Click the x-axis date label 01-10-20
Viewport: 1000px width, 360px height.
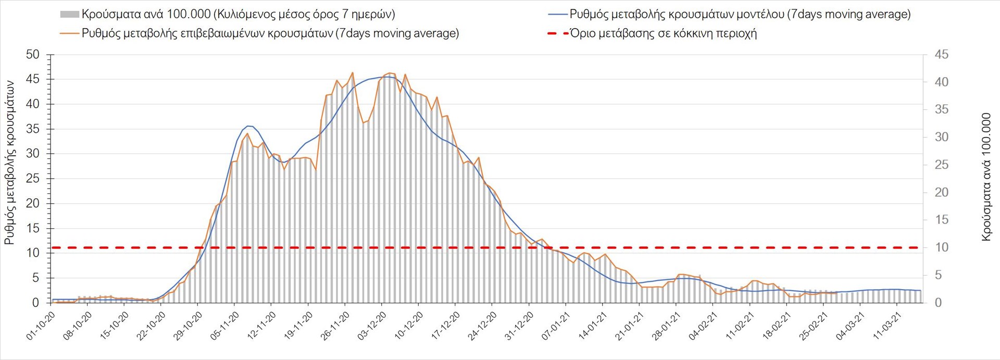pyautogui.click(x=41, y=326)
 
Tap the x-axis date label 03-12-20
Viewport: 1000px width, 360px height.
pyautogui.click(x=372, y=326)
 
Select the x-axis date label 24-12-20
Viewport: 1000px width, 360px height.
pyautogui.click(x=482, y=326)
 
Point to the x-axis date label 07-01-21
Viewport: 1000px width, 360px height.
pyautogui.click(x=556, y=326)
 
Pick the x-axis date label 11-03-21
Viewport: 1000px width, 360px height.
pyautogui.click(x=887, y=326)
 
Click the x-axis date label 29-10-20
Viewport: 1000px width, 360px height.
pyautogui.click(x=188, y=326)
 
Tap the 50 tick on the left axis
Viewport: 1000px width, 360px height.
pyautogui.click(x=32, y=55)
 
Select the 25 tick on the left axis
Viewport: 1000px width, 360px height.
pyautogui.click(x=32, y=179)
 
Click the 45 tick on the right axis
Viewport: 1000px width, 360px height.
pyautogui.click(x=942, y=55)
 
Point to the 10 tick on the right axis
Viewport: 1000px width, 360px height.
pyautogui.click(x=942, y=247)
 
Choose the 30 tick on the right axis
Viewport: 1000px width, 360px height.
pyautogui.click(x=942, y=137)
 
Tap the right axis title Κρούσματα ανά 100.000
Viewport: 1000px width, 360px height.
pyautogui.click(x=986, y=177)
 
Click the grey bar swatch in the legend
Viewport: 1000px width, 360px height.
pyautogui.click(x=69, y=15)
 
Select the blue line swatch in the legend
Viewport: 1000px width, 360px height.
pyautogui.click(x=557, y=15)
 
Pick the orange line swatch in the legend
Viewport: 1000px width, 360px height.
pyautogui.click(x=69, y=34)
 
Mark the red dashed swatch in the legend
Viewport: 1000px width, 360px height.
pyautogui.click(x=557, y=34)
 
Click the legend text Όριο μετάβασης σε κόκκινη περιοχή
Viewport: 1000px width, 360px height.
pyautogui.click(x=664, y=34)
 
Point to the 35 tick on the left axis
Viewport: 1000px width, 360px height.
pyautogui.click(x=32, y=129)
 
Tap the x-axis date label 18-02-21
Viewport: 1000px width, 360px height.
pyautogui.click(x=777, y=326)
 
